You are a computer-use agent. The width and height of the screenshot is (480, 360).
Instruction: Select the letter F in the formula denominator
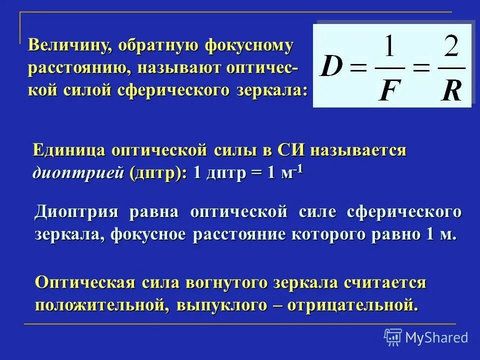pos(388,89)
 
